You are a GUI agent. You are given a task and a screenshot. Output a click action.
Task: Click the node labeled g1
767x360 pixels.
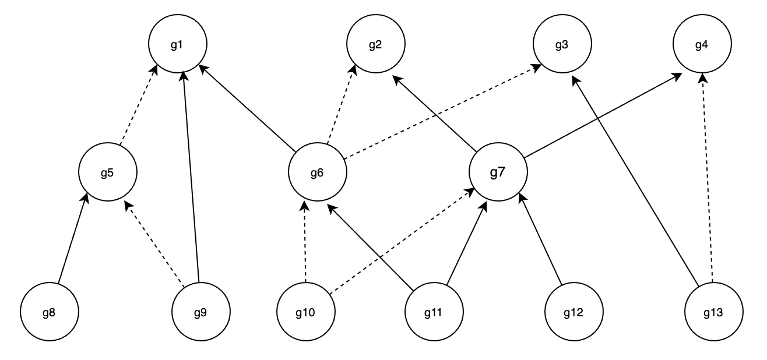[x=177, y=45]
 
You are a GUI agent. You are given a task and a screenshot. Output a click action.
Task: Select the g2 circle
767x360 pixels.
[x=375, y=45]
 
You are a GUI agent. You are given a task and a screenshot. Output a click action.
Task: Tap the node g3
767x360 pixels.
[x=562, y=45]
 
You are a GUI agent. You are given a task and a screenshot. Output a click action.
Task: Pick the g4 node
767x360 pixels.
[x=702, y=45]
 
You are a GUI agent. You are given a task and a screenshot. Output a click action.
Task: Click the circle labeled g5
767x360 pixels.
[x=107, y=173]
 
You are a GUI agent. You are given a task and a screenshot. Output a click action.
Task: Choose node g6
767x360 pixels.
[x=318, y=173]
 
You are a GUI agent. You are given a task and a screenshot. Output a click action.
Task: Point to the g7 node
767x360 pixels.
[x=498, y=173]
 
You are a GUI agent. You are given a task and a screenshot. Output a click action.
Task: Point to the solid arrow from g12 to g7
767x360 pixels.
[x=540, y=239]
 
